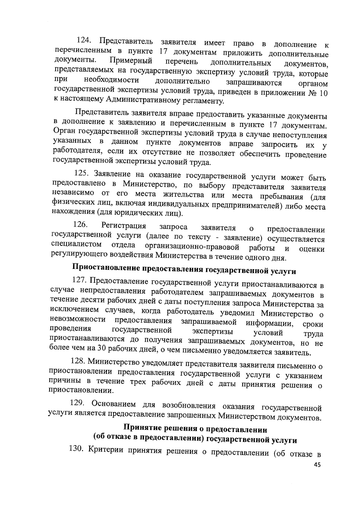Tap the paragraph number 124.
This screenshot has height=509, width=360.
85,40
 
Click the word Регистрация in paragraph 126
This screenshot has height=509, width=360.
124,225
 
